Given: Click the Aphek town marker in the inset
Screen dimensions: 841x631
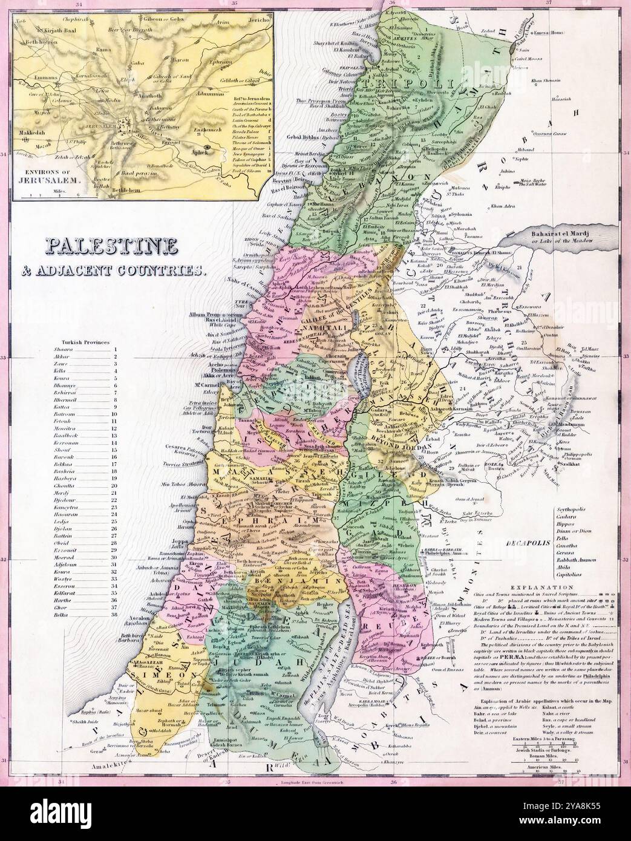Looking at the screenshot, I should pos(207,146).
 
